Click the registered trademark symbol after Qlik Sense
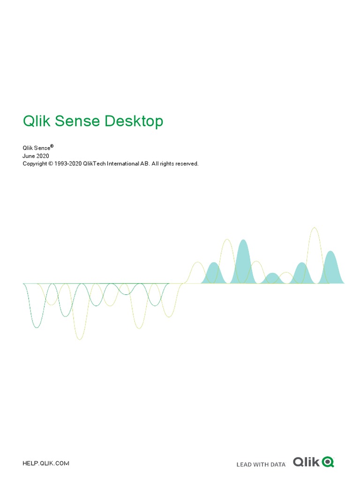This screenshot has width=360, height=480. [52, 146]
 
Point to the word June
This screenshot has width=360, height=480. [29, 156]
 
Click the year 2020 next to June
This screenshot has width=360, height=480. [42, 156]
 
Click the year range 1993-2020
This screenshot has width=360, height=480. [68, 164]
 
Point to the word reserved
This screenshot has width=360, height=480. [187, 164]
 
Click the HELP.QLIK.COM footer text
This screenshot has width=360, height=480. [46, 463]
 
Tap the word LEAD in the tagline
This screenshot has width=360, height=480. [244, 465]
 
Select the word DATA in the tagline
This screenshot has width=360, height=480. [277, 465]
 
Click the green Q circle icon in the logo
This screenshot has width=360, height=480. [328, 462]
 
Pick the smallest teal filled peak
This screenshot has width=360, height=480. [272, 279]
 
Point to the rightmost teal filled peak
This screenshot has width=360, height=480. [331, 270]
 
